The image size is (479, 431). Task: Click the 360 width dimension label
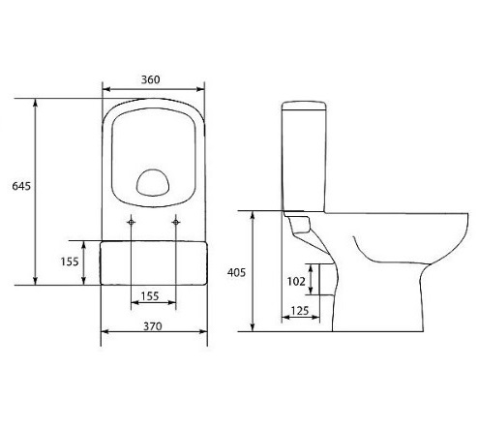[x=150, y=79]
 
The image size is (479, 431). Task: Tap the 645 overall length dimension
[x=21, y=186]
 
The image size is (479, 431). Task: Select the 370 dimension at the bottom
[x=153, y=326]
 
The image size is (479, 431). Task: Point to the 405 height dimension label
[x=236, y=272]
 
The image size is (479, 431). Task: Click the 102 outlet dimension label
[x=296, y=282]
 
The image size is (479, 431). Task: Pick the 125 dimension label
[x=300, y=311]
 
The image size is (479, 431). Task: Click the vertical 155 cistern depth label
[x=70, y=262]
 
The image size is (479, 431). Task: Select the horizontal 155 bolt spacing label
[x=150, y=296]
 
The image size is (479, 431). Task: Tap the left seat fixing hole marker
[x=131, y=222]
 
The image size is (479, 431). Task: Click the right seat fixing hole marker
[x=176, y=222]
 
